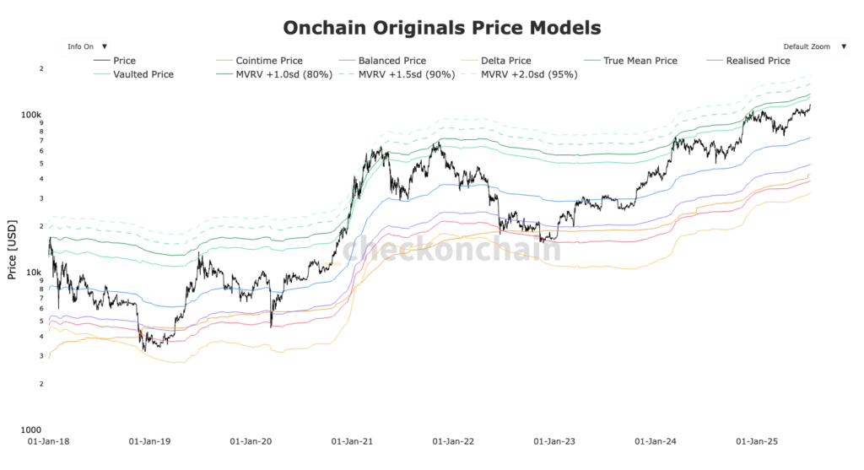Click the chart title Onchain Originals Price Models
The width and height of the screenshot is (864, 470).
coord(441,28)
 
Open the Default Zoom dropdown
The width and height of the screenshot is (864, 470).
coord(811,46)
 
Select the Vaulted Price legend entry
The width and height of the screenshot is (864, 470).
coord(143,74)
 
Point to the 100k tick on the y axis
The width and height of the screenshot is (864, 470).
coord(32,114)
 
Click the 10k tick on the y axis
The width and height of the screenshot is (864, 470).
coord(35,272)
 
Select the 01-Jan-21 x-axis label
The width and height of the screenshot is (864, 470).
coord(353,441)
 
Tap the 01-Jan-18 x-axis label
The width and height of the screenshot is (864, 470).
coord(50,441)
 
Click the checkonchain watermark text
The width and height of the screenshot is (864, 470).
coord(451,250)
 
